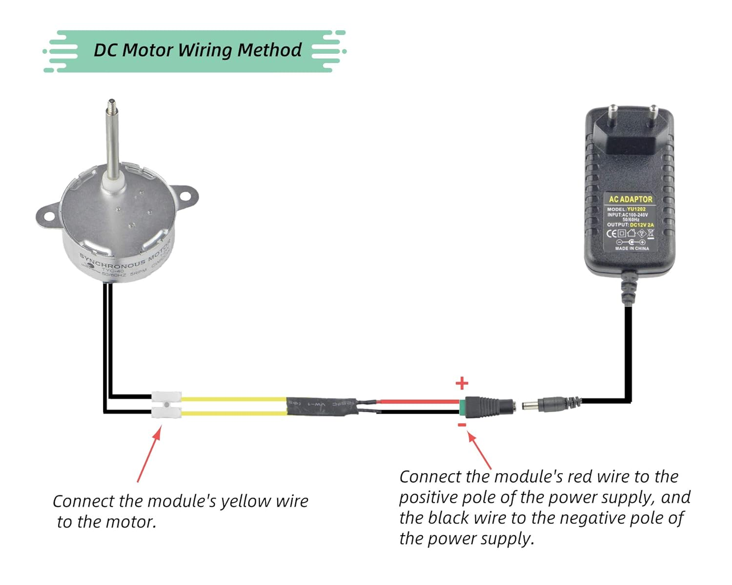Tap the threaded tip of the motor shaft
[x=111, y=104]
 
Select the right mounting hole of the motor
[x=186, y=196]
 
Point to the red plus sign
[x=462, y=383]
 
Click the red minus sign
[x=462, y=425]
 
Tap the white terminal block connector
[x=166, y=405]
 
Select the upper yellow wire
[x=234, y=399]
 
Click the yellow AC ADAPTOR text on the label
[x=630, y=199]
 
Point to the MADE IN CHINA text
[x=632, y=249]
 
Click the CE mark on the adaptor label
[x=611, y=233]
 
